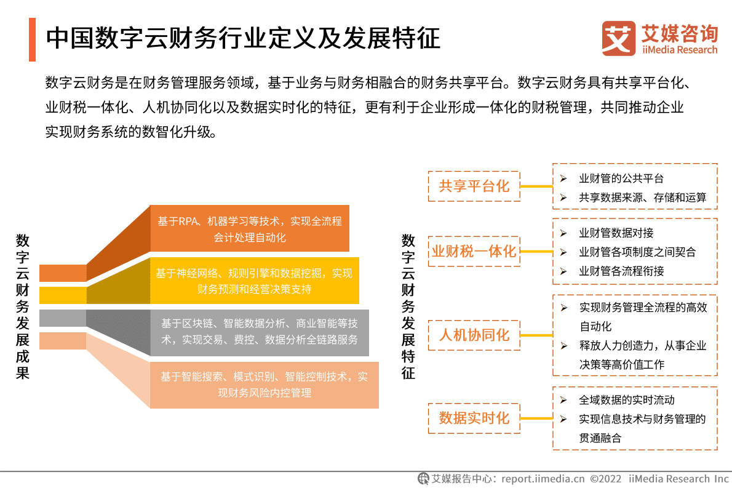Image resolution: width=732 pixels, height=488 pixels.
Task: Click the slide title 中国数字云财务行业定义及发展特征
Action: (x=243, y=38)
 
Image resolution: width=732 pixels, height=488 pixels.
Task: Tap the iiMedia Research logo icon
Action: (x=618, y=38)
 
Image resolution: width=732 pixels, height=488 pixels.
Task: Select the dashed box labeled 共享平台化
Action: (x=474, y=186)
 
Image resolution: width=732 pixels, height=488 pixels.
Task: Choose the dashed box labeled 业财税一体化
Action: (x=474, y=251)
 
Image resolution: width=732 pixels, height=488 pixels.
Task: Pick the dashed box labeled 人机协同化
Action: (x=474, y=335)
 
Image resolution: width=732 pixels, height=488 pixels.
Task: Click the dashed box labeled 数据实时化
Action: (x=474, y=418)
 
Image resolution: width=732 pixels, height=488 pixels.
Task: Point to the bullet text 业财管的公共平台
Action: (x=621, y=178)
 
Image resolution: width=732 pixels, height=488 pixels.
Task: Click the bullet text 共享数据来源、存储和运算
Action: (x=642, y=198)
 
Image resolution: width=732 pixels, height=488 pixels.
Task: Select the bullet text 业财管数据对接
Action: (x=616, y=233)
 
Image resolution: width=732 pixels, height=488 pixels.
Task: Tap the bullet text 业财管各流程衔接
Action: (x=621, y=271)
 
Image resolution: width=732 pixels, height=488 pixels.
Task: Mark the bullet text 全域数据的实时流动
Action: (x=626, y=400)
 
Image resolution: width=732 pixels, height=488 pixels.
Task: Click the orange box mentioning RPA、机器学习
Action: (x=250, y=228)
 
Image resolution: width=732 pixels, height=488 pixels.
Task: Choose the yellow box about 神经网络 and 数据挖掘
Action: (x=254, y=281)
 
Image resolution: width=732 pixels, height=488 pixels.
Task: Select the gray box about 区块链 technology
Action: (x=259, y=331)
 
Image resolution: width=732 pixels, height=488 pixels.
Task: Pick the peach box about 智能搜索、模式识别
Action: (x=264, y=385)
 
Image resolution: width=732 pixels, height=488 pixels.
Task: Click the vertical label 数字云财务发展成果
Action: (x=23, y=306)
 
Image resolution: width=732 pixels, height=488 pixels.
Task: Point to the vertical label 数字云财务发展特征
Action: (x=408, y=306)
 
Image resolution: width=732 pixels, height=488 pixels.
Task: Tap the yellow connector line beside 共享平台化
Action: (x=536, y=186)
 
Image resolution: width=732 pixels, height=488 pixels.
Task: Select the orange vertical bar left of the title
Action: (x=32, y=39)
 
